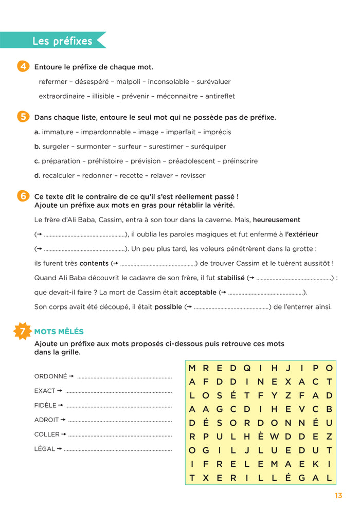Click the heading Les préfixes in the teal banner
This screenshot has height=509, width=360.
coord(62,41)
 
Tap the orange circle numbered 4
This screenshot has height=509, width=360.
coord(23,67)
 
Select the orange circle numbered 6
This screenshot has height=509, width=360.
coord(23,196)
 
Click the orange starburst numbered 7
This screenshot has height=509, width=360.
coord(23,332)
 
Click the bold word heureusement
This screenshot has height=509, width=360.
coord(277,220)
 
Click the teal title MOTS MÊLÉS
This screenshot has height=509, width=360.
coord(59,332)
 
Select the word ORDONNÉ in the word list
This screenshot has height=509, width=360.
coord(50,376)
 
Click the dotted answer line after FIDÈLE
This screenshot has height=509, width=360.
coord(118,406)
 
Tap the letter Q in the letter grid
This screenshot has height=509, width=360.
coord(247,368)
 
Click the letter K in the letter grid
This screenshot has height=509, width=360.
coord(315,464)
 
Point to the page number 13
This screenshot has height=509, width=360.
coord(338,496)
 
